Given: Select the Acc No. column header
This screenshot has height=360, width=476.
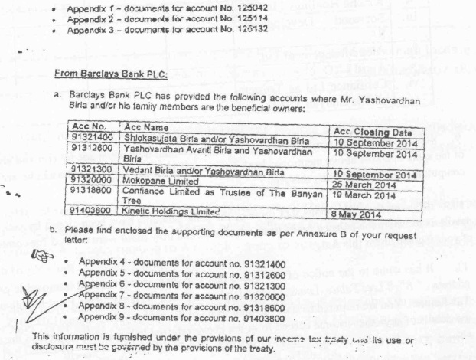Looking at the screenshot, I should pyautogui.click(x=86, y=126).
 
